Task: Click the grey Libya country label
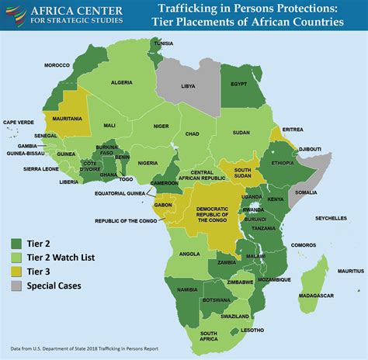[x=188, y=88]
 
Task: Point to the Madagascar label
[x=318, y=296]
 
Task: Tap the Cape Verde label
[x=19, y=122]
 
